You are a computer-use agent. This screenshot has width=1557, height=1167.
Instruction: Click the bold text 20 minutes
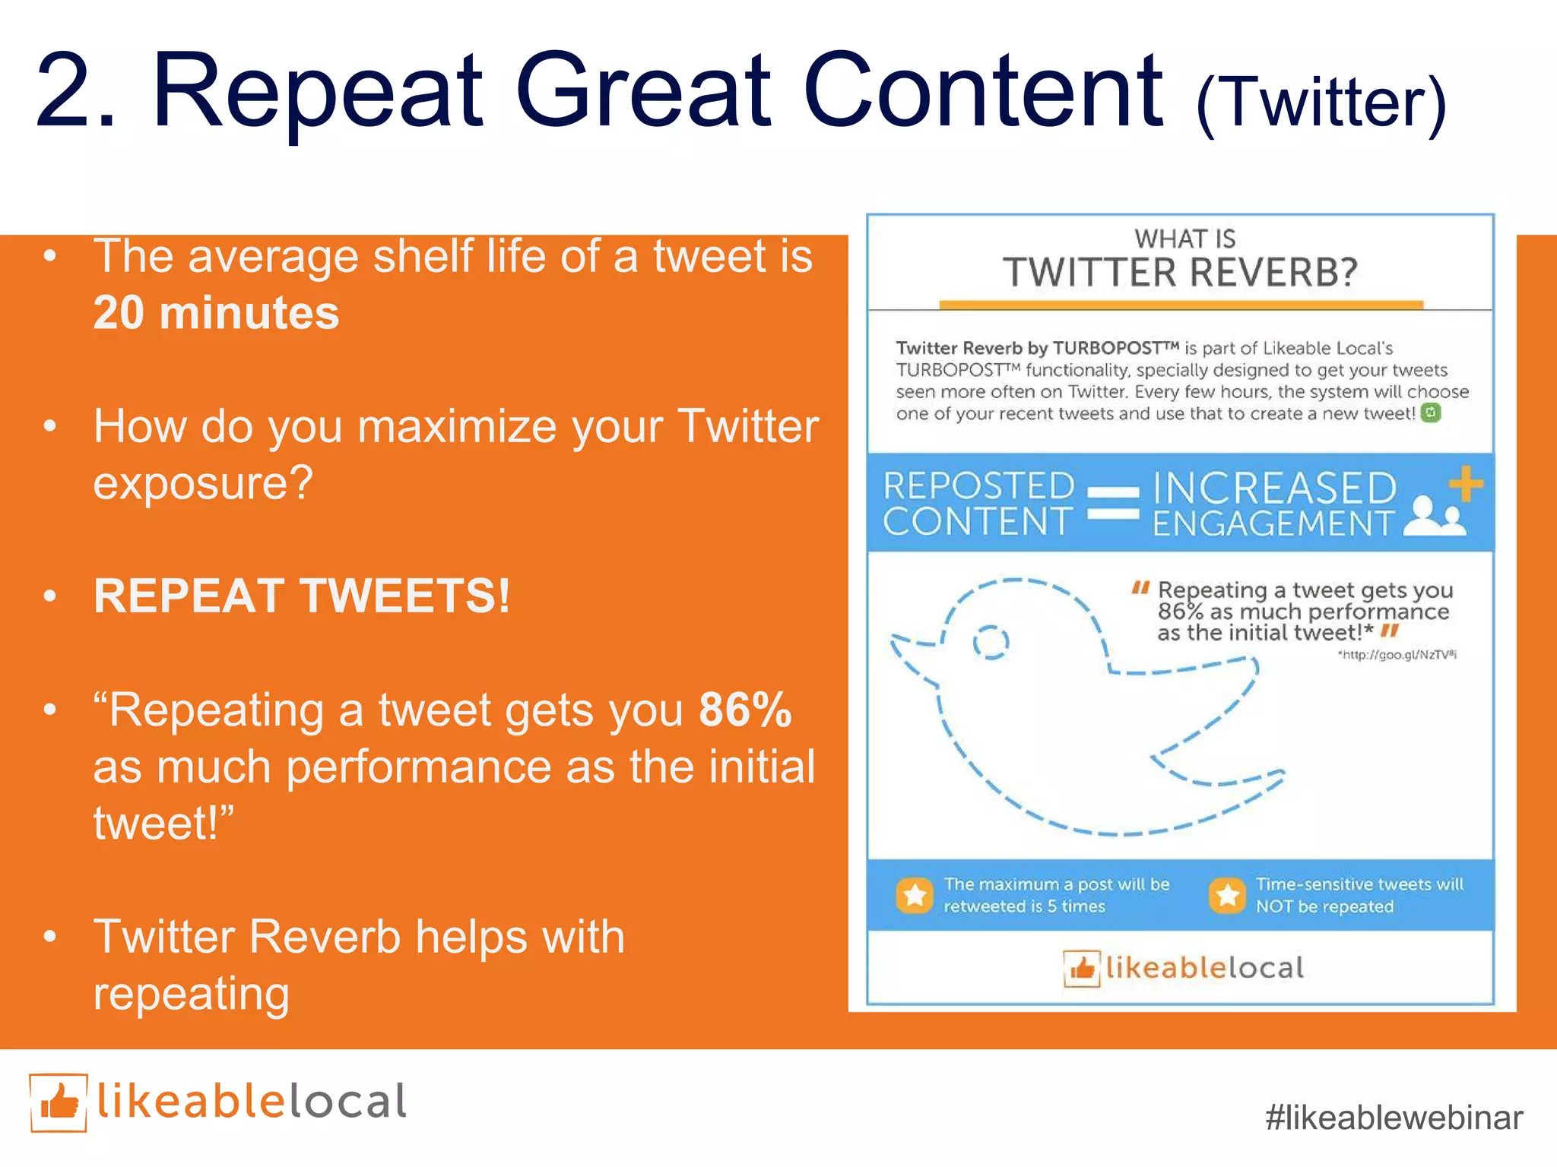pos(216,313)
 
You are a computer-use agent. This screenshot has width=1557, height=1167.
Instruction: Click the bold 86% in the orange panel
pos(744,710)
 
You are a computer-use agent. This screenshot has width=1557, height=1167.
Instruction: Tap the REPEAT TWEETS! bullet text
pos(301,596)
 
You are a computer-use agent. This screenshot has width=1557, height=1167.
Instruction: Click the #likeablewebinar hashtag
pos(1394,1118)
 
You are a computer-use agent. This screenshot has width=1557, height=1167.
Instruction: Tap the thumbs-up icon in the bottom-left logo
pos(59,1102)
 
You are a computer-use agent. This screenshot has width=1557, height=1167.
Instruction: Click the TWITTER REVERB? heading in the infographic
pos(1180,272)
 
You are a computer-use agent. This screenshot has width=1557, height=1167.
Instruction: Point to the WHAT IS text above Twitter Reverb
pos(1184,239)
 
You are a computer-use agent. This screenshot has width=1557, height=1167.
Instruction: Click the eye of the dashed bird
pos(991,643)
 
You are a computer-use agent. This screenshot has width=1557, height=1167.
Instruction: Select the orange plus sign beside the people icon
pos(1465,484)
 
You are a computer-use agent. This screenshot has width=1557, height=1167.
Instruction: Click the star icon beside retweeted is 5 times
pos(915,895)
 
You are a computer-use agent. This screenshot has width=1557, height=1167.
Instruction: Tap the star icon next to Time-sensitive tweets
pos(1226,895)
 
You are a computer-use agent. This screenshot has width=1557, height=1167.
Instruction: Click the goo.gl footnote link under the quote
pos(1397,655)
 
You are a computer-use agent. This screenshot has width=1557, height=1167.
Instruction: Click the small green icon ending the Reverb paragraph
pos(1431,413)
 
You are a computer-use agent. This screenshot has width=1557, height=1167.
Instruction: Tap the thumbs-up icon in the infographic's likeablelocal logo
pos(1081,969)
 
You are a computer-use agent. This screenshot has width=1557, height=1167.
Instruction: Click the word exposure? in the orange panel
pos(203,482)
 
